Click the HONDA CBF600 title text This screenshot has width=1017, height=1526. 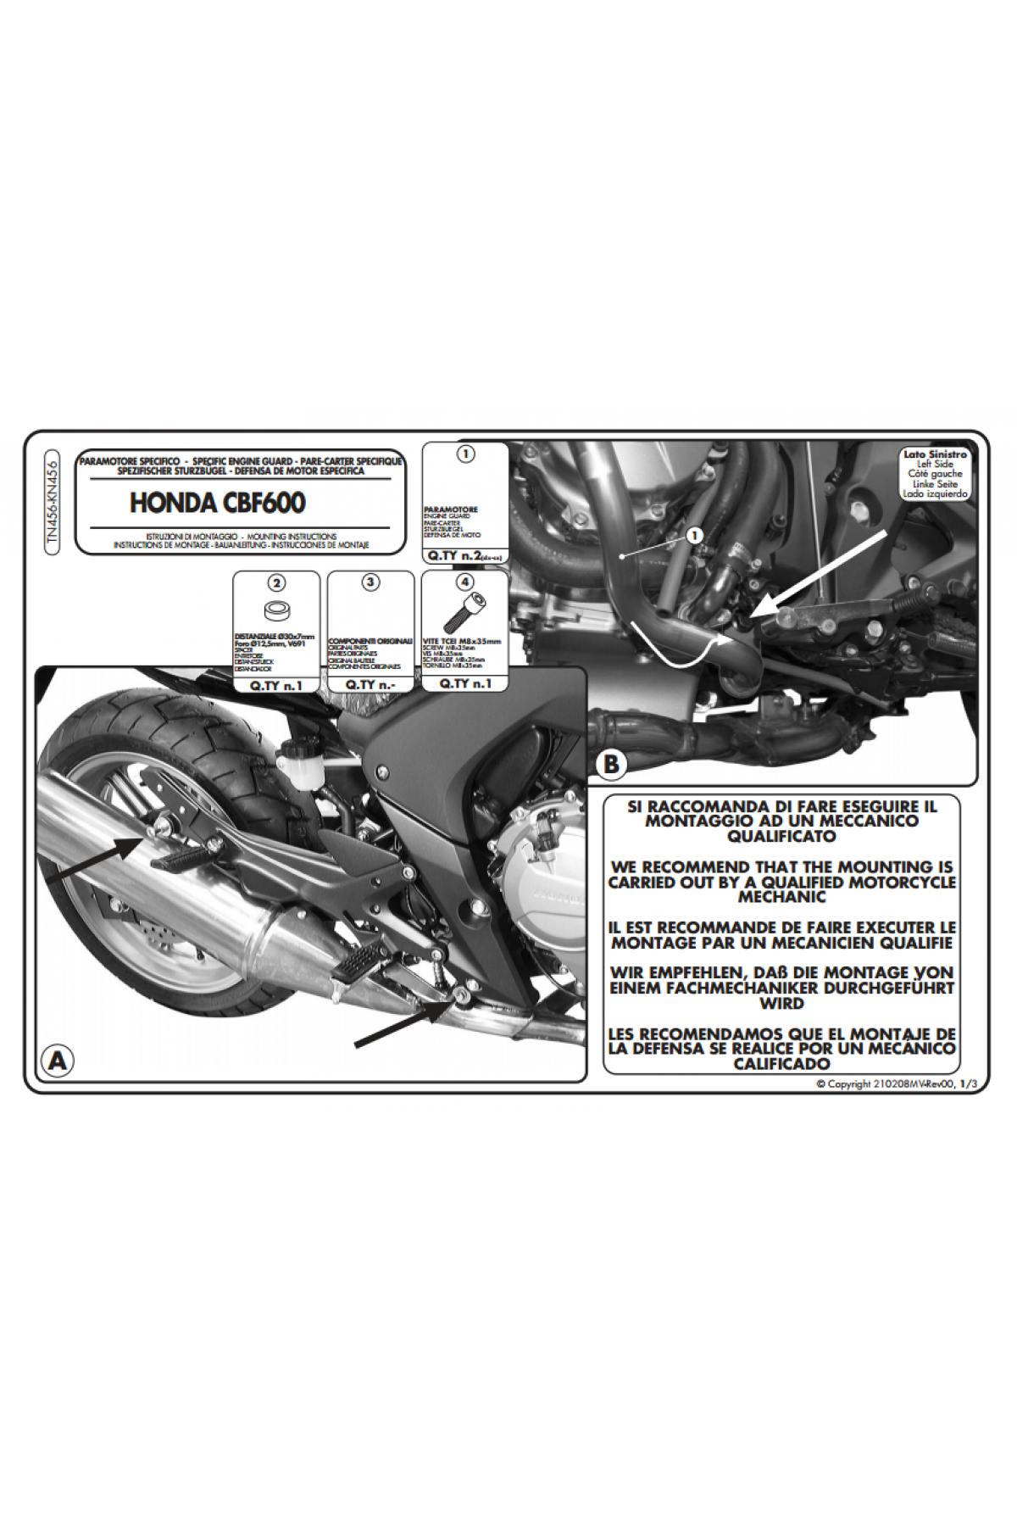(217, 503)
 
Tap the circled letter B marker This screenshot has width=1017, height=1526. (610, 765)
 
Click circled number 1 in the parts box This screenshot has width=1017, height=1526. (464, 454)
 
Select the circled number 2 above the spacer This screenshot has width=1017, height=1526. (276, 582)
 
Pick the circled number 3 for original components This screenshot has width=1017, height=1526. (370, 582)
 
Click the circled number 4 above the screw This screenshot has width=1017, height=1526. (464, 582)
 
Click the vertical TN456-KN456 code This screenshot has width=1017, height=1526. (53, 502)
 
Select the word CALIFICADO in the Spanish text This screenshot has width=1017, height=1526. (781, 1063)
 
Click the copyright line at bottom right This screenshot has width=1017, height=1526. (889, 1084)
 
